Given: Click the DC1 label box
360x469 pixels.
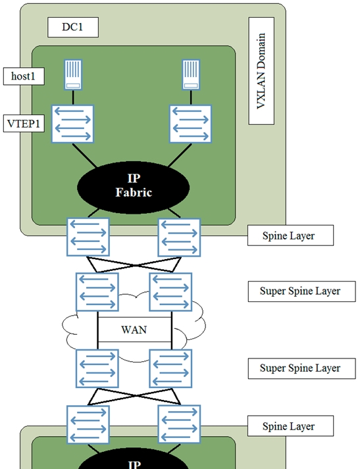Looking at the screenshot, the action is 73,27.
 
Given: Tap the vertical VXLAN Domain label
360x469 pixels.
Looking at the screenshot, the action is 261,71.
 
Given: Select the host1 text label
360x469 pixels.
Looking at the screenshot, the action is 23,76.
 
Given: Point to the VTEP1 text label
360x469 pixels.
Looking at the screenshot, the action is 24,124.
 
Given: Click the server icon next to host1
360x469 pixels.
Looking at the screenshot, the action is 73,74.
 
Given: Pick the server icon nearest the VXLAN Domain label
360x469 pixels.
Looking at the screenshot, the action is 191,74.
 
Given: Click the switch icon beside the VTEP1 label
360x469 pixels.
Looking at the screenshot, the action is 72,124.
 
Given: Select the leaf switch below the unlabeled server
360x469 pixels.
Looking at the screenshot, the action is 190,124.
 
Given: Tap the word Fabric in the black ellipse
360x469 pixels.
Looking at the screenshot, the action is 134,192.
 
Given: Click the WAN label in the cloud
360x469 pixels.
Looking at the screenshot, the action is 134,330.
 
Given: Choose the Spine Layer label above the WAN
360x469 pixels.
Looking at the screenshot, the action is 289,235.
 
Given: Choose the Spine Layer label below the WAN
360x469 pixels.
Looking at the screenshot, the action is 289,426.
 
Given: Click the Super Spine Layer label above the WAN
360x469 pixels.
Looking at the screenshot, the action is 300,291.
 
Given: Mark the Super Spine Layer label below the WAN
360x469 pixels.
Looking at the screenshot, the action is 300,368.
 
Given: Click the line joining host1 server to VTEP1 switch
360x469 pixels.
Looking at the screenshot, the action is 73,97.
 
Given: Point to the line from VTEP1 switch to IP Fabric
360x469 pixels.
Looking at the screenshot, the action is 85,155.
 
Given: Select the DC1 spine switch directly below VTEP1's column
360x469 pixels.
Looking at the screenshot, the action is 88,237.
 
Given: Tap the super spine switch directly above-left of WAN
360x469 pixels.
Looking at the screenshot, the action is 97,292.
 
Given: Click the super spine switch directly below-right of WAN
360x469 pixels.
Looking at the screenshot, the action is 170,368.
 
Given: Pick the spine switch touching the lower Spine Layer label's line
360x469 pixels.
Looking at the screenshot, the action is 179,425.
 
